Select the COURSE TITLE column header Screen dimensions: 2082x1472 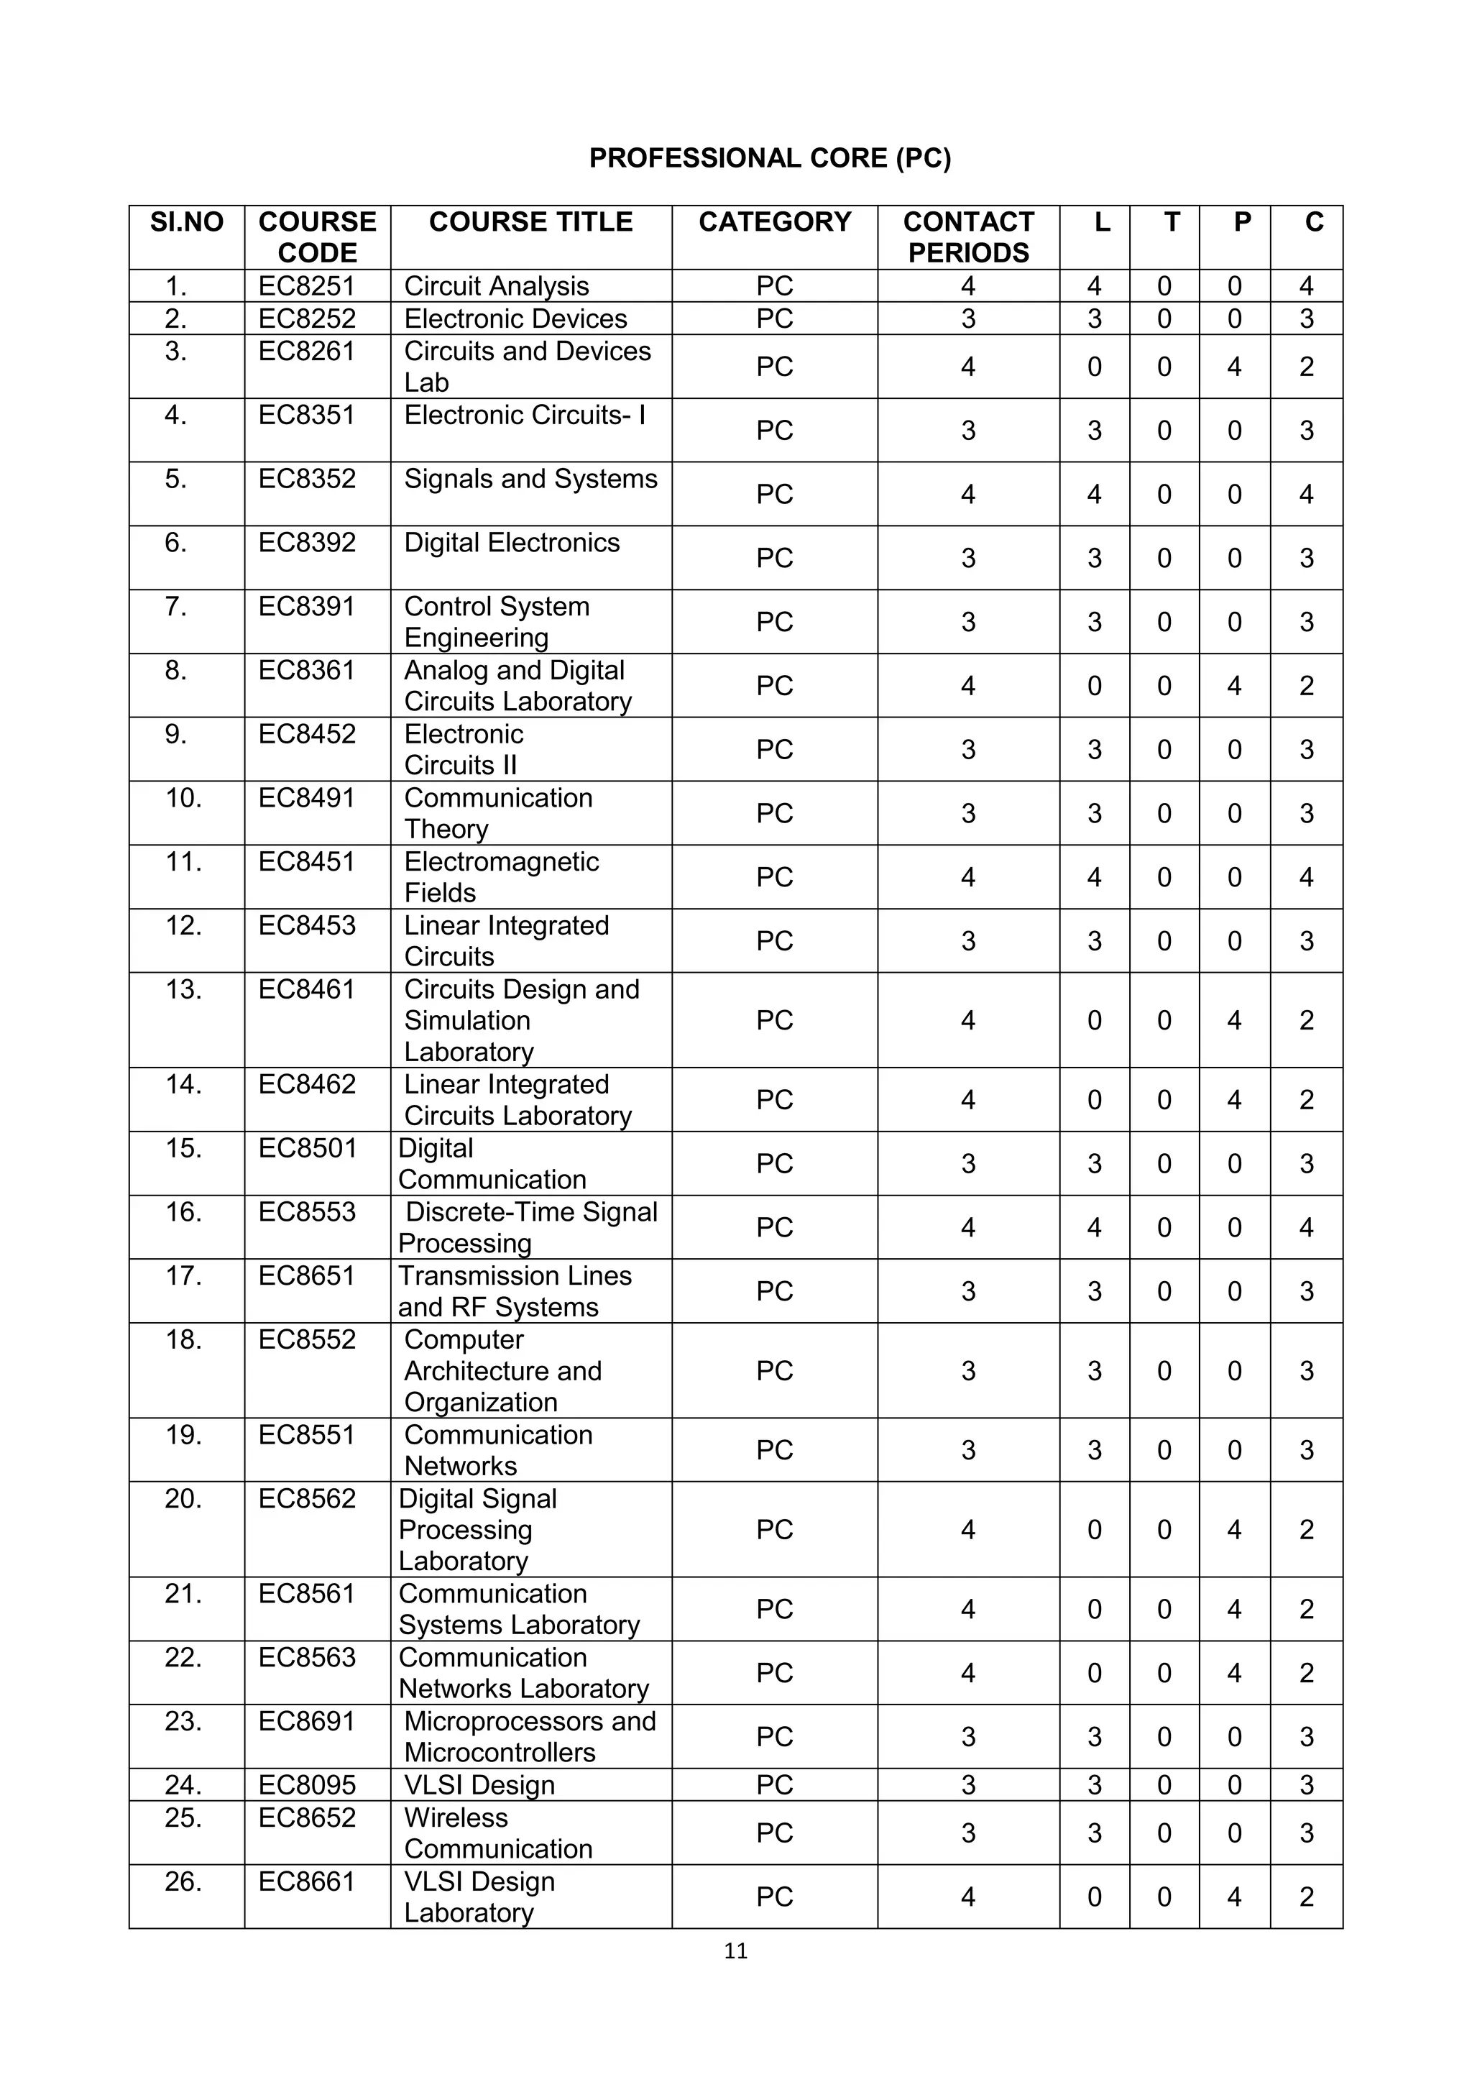530,222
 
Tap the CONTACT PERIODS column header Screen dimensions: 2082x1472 968,237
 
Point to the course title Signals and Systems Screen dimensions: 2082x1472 530,479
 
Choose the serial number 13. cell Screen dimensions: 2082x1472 184,989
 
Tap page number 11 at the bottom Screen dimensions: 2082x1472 736,1951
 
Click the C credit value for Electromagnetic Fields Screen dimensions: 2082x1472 1306,877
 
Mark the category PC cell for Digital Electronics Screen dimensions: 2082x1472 774,558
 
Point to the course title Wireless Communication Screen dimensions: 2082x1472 497,1833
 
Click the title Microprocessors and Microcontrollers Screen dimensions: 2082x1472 529,1736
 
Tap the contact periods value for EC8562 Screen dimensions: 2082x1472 968,1530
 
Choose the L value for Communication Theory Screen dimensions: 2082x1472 1094,813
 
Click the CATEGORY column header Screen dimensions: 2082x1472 774,222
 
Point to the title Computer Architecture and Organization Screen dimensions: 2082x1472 502,1370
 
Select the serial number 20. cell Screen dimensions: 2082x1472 184,1499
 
